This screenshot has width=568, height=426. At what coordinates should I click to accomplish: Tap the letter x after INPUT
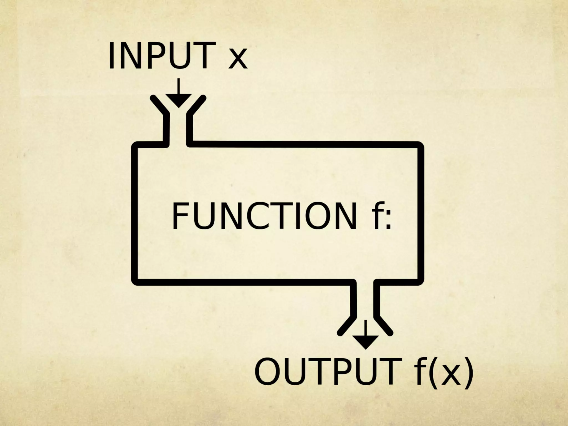[x=237, y=59]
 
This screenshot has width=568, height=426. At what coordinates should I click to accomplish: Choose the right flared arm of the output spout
[x=384, y=324]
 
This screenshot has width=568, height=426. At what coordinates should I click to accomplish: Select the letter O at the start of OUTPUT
[x=268, y=372]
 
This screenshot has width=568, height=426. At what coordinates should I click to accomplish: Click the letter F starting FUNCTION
[x=180, y=216]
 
